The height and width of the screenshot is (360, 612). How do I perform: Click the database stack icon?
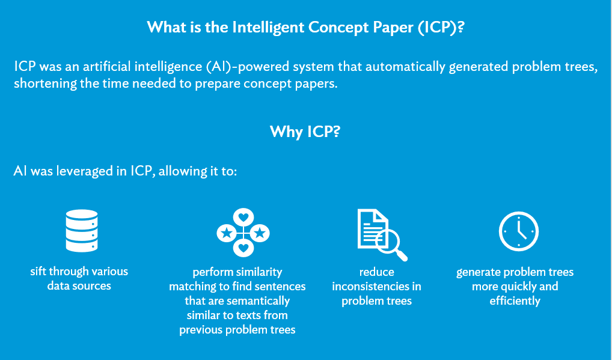pos(81,230)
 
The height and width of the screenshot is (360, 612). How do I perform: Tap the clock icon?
pos(518,232)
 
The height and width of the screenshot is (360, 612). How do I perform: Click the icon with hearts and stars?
pos(243,232)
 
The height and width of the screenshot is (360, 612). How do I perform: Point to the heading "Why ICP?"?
pos(305,132)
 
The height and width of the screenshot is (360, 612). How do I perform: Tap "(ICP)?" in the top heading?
pos(438,28)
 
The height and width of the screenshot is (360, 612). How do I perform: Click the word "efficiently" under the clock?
pos(515,301)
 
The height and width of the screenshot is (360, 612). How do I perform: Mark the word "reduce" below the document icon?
pos(376,272)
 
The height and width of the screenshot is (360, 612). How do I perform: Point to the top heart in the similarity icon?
pos(243,216)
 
